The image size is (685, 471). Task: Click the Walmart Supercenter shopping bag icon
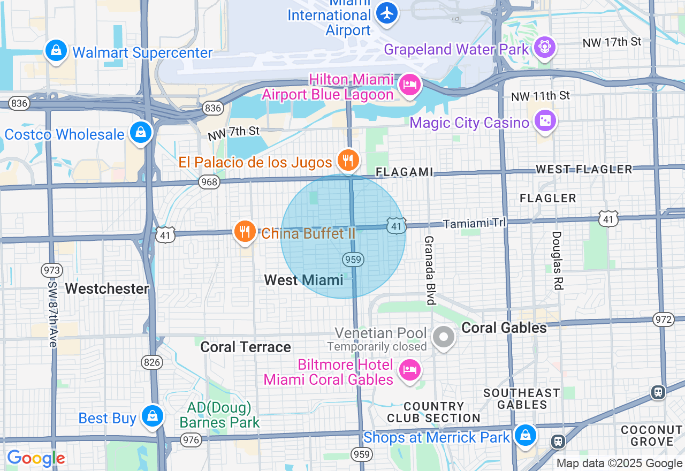pos(56,51)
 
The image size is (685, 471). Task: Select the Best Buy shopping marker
pos(153,416)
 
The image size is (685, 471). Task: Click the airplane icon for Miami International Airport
pos(387,12)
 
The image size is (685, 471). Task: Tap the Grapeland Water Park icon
pos(545,48)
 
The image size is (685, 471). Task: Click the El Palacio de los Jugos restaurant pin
pos(348,159)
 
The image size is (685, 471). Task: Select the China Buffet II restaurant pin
pos(245,232)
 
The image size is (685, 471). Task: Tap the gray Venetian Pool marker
pos(444,337)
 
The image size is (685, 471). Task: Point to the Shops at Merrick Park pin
pos(526,435)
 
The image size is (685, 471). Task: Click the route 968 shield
pos(209,183)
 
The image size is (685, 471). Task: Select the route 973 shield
pos(52,270)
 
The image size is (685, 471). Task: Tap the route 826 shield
pos(152,362)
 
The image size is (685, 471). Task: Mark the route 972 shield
pos(663,320)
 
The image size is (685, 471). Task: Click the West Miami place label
pos(303,279)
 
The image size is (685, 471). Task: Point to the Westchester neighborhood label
pos(107,288)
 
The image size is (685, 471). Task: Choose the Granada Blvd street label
pos(429,270)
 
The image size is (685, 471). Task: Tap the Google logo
pos(36,458)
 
